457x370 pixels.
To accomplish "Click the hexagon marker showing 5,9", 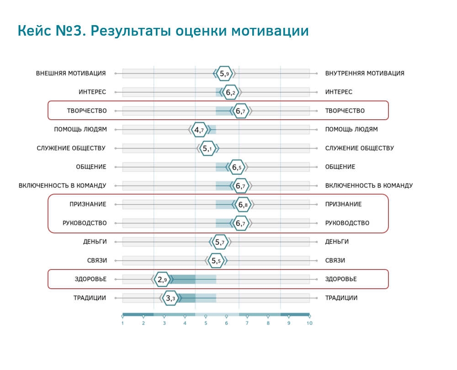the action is click(x=224, y=74).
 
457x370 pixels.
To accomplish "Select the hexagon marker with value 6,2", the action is click(x=230, y=92).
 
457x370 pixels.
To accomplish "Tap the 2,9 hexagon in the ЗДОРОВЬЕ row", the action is click(x=162, y=280).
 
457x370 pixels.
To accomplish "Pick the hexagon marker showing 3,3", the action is click(x=170, y=298).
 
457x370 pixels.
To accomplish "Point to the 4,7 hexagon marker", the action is click(x=199, y=130).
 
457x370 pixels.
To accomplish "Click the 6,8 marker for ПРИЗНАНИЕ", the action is click(x=243, y=205).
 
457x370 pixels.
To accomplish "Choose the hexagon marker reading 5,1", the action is click(x=207, y=148).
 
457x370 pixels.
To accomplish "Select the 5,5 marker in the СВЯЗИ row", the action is click(x=216, y=260).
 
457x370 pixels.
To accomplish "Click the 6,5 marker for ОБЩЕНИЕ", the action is click(x=237, y=167).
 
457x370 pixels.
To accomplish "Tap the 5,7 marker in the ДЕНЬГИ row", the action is click(x=220, y=242).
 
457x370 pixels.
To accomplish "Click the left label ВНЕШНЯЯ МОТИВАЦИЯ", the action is click(x=71, y=74).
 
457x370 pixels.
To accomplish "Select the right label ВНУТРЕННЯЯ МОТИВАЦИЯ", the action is click(x=365, y=74).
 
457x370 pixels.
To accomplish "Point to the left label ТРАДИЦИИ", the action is click(x=90, y=298).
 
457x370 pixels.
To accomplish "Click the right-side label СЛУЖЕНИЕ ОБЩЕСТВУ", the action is click(x=359, y=148).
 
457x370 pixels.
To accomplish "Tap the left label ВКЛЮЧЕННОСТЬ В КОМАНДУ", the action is click(x=62, y=185).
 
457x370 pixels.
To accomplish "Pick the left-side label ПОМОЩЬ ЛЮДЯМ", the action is click(x=80, y=129).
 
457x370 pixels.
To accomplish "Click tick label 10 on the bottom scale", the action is click(x=309, y=323).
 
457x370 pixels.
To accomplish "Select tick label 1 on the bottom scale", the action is click(x=122, y=323).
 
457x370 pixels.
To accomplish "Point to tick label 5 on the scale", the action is click(x=206, y=323).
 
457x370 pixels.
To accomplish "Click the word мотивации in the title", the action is click(x=270, y=31).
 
